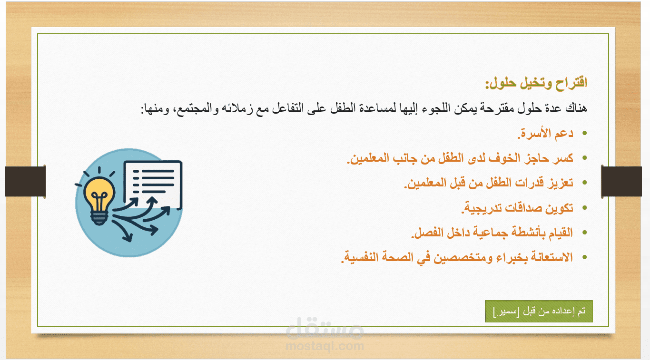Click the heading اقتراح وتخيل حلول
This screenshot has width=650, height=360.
[537, 83]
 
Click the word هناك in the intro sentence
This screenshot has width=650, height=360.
[576, 108]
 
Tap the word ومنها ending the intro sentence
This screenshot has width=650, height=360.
[155, 109]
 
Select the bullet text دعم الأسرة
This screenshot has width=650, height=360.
[545, 133]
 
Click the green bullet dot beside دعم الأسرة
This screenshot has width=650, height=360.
[584, 133]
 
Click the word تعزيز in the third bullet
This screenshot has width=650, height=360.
[561, 183]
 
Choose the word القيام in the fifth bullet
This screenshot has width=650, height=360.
[561, 233]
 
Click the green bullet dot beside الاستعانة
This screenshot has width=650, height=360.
[584, 257]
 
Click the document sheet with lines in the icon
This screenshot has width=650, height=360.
[153, 185]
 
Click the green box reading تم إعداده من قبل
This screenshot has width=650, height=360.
[539, 311]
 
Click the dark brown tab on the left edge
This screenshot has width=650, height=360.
[26, 182]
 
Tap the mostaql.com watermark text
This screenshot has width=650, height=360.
[325, 346]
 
